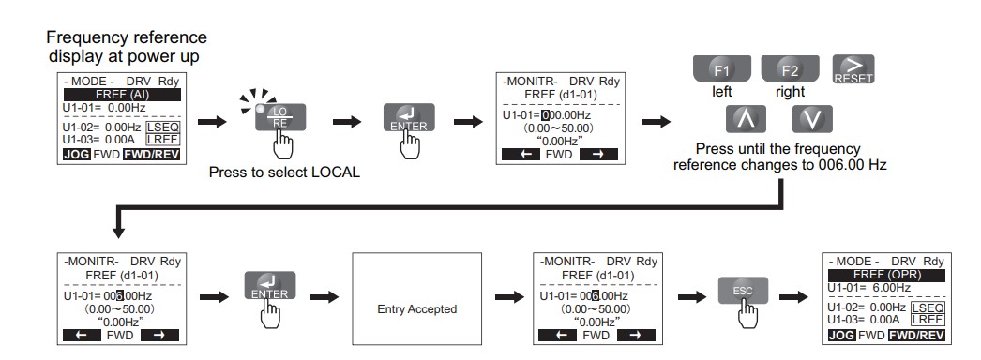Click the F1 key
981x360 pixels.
722,68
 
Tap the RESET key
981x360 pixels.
853,69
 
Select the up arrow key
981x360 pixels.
746,119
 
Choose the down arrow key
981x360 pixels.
812,119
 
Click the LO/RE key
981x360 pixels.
280,117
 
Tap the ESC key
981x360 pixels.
744,291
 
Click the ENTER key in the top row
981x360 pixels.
409,117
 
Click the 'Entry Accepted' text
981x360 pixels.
417,309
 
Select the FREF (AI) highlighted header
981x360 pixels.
122,95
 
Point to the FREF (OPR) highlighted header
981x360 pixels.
887,276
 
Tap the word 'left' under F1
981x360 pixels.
722,91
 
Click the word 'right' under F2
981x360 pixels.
791,92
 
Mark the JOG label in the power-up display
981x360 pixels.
77,154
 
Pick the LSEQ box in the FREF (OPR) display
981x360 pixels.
928,307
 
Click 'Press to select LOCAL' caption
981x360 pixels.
285,172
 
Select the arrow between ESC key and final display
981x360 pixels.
793,296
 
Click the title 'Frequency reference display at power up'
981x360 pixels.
127,47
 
